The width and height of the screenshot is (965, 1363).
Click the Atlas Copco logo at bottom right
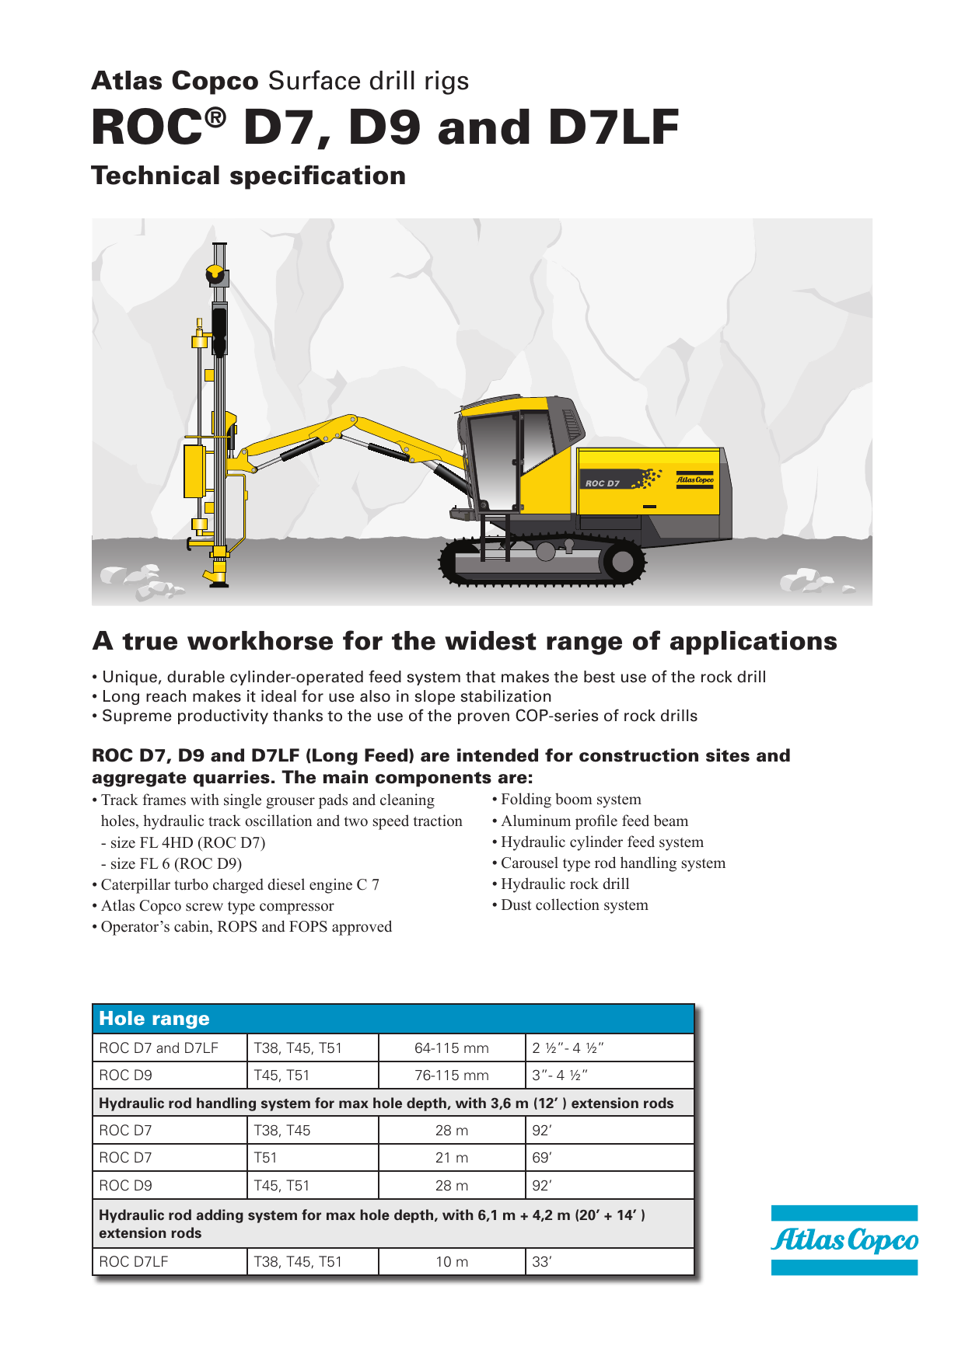pyautogui.click(x=844, y=1240)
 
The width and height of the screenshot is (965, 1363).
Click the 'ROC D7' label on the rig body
pyautogui.click(x=603, y=483)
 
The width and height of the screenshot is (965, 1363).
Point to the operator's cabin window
pyautogui.click(x=493, y=458)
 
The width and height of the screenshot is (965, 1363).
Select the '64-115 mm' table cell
pyautogui.click(x=452, y=1048)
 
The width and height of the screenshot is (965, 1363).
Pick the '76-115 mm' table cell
pyautogui.click(x=452, y=1075)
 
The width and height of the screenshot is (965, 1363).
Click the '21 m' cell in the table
pyautogui.click(x=452, y=1158)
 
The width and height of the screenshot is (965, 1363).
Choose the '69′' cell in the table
pyautogui.click(x=542, y=1158)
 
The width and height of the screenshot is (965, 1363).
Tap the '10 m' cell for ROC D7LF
pyautogui.click(x=452, y=1262)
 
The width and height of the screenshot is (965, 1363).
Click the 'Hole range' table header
pyautogui.click(x=155, y=1019)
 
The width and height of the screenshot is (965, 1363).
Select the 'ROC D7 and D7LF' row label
pyautogui.click(x=159, y=1048)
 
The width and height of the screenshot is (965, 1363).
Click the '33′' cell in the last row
pyautogui.click(x=542, y=1262)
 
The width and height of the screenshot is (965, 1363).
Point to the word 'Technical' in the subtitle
pyautogui.click(x=156, y=176)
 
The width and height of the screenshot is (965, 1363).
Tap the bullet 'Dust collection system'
pyautogui.click(x=574, y=905)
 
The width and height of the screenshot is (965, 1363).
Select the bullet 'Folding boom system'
pyautogui.click(x=571, y=800)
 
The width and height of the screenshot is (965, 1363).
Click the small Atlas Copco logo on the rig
pyautogui.click(x=694, y=480)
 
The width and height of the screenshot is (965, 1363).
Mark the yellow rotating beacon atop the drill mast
pyautogui.click(x=215, y=274)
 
